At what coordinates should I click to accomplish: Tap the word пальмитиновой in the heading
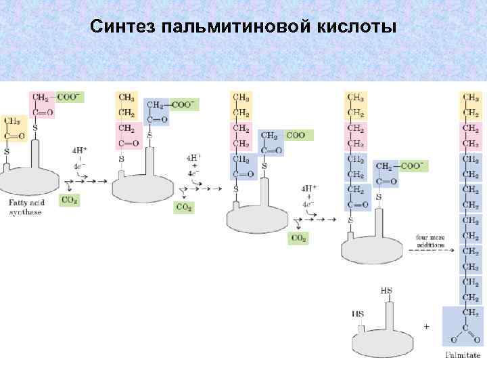point(237,27)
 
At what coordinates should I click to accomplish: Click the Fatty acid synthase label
point(25,207)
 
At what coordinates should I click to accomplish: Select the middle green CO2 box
point(183,207)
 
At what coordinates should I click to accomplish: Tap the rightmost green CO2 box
point(298,238)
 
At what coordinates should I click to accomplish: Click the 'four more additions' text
point(430,241)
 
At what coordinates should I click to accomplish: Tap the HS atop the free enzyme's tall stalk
point(386,290)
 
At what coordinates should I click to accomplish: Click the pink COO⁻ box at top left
point(69,97)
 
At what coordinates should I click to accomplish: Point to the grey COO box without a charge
point(296,135)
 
